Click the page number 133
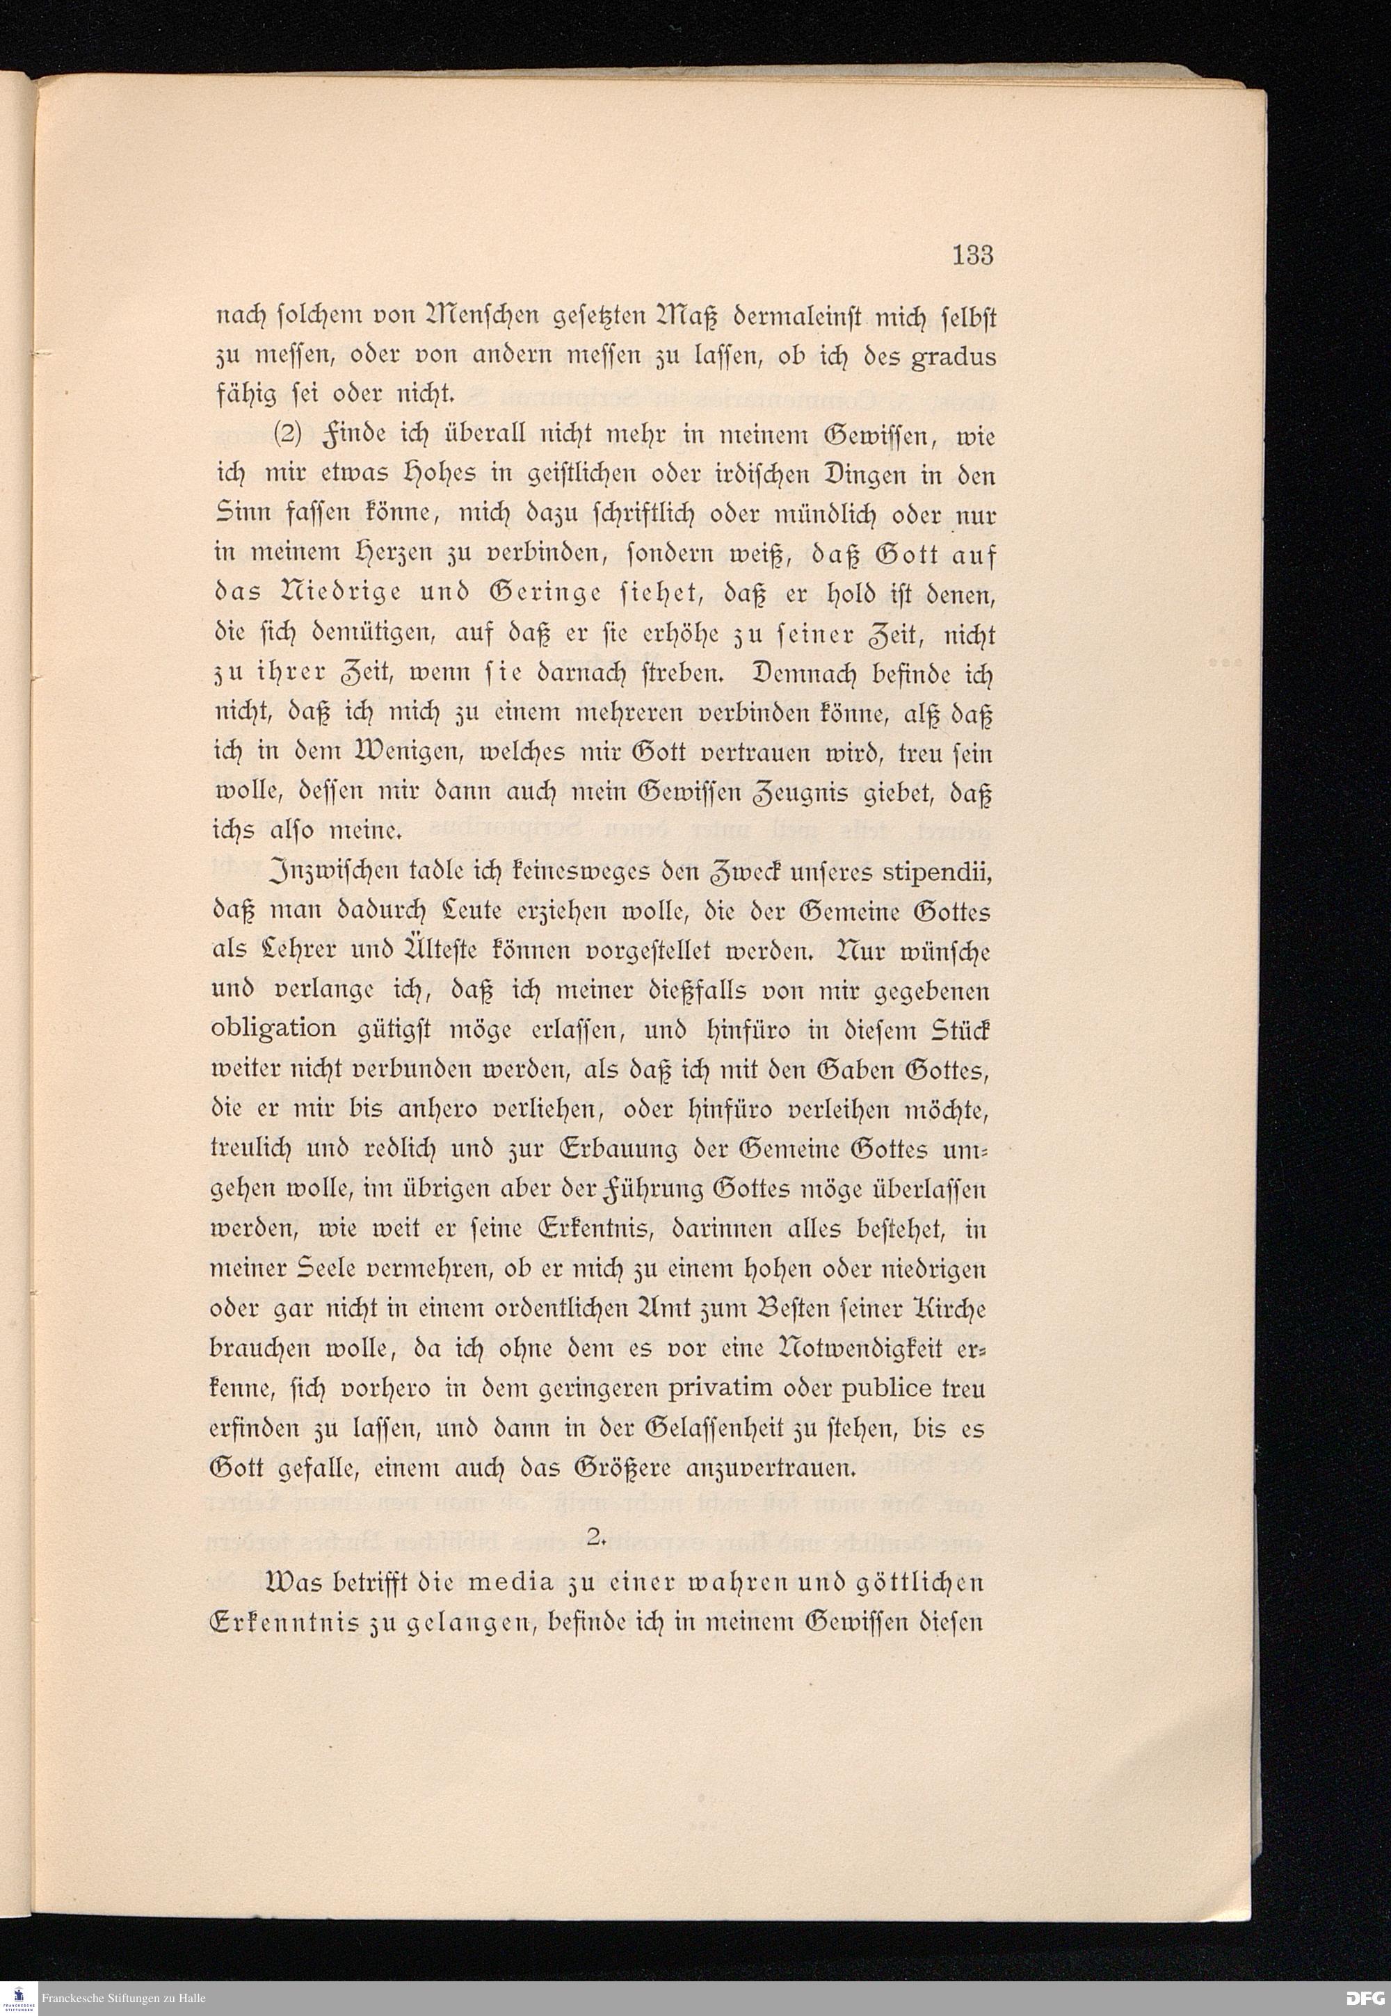pos(972,255)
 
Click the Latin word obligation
pos(273,1029)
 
